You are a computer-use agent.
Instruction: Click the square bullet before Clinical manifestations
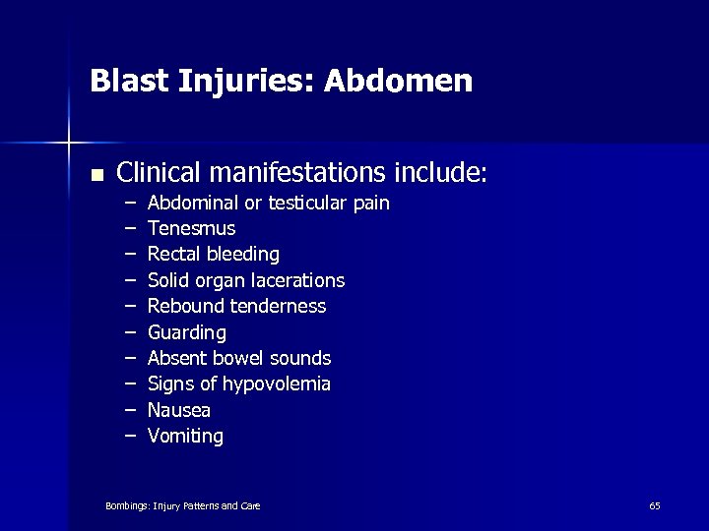pos(96,175)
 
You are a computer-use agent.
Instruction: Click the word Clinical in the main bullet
pos(157,173)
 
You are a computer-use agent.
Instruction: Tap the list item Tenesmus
pos(191,229)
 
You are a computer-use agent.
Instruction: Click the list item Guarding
pos(186,333)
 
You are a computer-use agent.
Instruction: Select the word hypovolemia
pos(279,384)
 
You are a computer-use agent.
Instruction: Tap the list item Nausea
pos(178,410)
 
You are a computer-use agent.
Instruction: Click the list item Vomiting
pos(185,437)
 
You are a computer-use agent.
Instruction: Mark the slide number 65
pos(655,505)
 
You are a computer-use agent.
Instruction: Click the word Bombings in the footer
pos(126,505)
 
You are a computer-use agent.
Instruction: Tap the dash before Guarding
pos(130,333)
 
